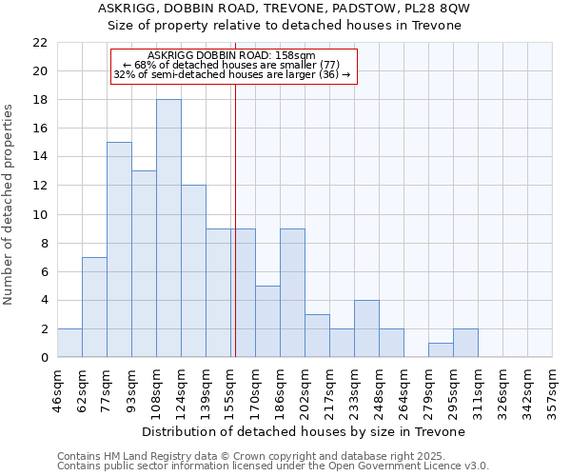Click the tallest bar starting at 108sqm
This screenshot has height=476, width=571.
tap(168, 228)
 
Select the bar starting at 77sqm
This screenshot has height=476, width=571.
tap(119, 249)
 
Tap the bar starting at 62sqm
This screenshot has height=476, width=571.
tap(94, 307)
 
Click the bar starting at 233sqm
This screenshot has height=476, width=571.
tap(366, 328)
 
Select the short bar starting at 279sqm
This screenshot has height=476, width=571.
tap(441, 349)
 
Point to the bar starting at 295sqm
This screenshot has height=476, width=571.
tap(465, 343)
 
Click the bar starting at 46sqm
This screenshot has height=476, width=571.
tap(69, 343)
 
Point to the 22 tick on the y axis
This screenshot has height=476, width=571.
tap(39, 43)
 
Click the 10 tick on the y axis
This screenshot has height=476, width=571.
tap(39, 215)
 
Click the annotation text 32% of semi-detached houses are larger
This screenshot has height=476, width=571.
tap(232, 74)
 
